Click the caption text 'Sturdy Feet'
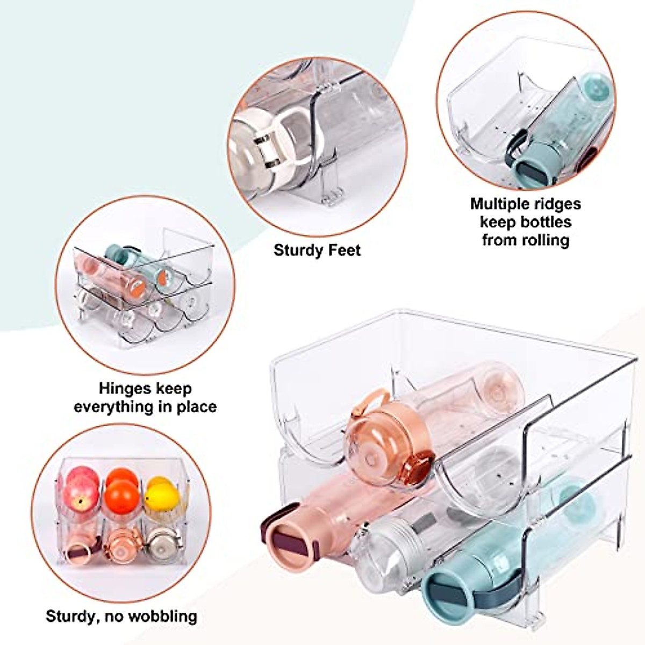(317, 250)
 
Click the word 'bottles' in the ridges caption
(545, 222)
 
